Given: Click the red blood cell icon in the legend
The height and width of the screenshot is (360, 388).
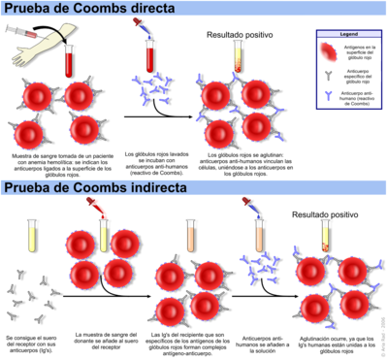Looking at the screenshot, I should tap(329, 49).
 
